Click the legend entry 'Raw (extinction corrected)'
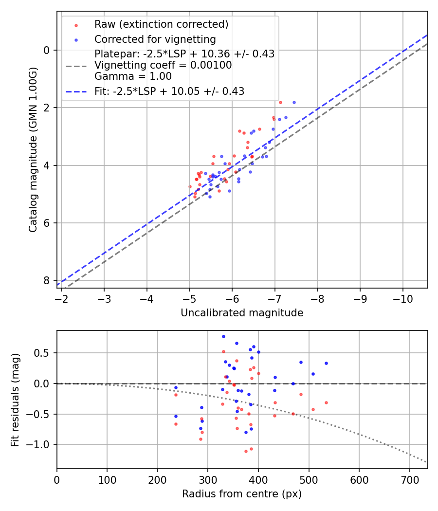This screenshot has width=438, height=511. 161,24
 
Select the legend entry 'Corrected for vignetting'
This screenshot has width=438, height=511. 155,39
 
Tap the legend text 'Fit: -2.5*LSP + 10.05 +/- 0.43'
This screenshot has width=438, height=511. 169,91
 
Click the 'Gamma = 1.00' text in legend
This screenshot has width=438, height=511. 133,76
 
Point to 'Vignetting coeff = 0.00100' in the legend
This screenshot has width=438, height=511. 163,65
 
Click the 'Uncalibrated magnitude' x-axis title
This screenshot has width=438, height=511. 242,313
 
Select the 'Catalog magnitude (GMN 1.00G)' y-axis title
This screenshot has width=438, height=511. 33,149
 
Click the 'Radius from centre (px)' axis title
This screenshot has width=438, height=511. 242,494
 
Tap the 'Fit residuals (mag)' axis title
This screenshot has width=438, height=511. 15,400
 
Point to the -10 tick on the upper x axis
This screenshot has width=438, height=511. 402,298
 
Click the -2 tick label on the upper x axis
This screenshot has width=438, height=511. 61,298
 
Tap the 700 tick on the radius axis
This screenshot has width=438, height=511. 409,479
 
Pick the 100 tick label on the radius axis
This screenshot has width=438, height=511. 107,479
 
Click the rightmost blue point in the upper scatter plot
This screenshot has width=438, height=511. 294,102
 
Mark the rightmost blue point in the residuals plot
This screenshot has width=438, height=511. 326,363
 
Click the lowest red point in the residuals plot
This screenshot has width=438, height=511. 246,451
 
